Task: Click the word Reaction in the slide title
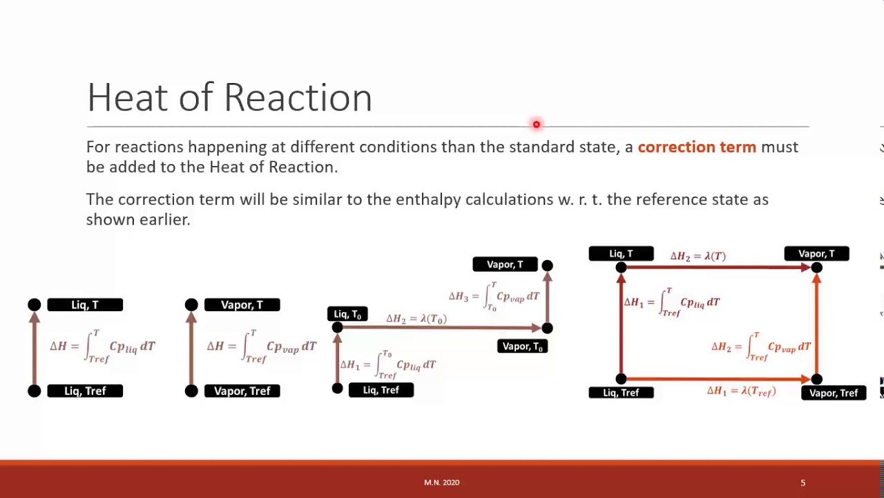click(x=298, y=98)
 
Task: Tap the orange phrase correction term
click(x=696, y=147)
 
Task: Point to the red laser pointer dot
click(x=536, y=124)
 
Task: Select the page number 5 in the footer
click(x=803, y=483)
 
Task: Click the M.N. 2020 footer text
click(x=441, y=483)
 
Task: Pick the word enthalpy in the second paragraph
click(x=428, y=200)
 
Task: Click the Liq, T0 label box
click(x=347, y=315)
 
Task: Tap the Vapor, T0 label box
click(x=522, y=347)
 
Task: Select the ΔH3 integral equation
click(x=494, y=297)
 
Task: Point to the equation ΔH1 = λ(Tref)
click(x=741, y=391)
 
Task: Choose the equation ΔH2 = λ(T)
click(x=698, y=257)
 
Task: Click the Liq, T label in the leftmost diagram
click(x=85, y=305)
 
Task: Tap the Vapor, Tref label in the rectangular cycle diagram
click(x=833, y=393)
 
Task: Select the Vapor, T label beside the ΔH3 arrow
click(x=505, y=265)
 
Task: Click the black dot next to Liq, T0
click(x=337, y=328)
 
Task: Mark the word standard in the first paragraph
click(x=541, y=147)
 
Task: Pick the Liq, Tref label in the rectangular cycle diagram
click(x=621, y=393)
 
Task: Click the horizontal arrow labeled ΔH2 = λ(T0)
click(x=442, y=328)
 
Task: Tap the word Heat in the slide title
click(x=127, y=98)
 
